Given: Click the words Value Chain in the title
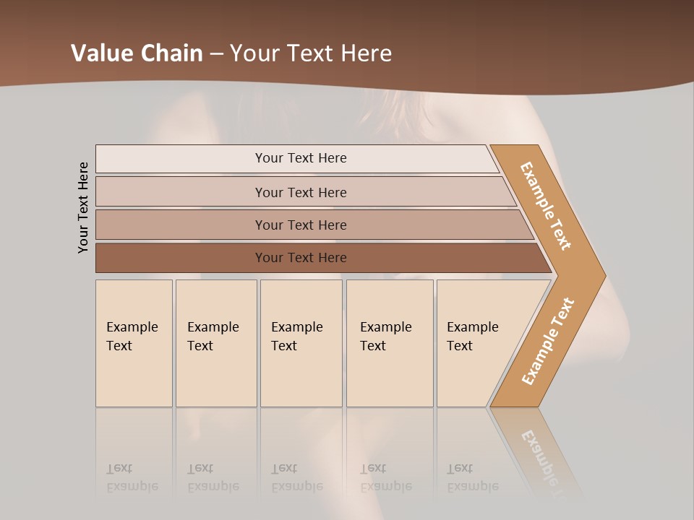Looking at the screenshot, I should (x=137, y=53).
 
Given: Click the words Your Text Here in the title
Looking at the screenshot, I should (x=311, y=53).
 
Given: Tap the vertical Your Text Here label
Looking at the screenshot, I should (x=84, y=207).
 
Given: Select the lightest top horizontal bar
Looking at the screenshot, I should (x=300, y=158).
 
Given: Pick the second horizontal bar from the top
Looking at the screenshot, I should (x=300, y=192).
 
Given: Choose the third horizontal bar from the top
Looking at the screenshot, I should (x=300, y=225).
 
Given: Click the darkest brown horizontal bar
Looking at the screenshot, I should (x=300, y=258).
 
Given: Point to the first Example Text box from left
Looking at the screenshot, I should (x=134, y=342).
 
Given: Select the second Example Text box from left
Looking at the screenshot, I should (x=215, y=342).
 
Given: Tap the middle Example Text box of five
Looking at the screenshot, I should (x=301, y=342).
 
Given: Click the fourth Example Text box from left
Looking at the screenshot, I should (x=389, y=342).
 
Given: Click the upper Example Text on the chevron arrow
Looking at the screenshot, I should (x=547, y=206).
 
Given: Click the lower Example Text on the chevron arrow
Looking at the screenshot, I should (x=547, y=341).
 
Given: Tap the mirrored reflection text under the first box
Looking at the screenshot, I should (x=132, y=477).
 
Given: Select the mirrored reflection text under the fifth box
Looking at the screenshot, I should (x=473, y=477).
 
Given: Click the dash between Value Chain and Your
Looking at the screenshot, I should (x=216, y=54).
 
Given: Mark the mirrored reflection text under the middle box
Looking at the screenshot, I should (x=296, y=477).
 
